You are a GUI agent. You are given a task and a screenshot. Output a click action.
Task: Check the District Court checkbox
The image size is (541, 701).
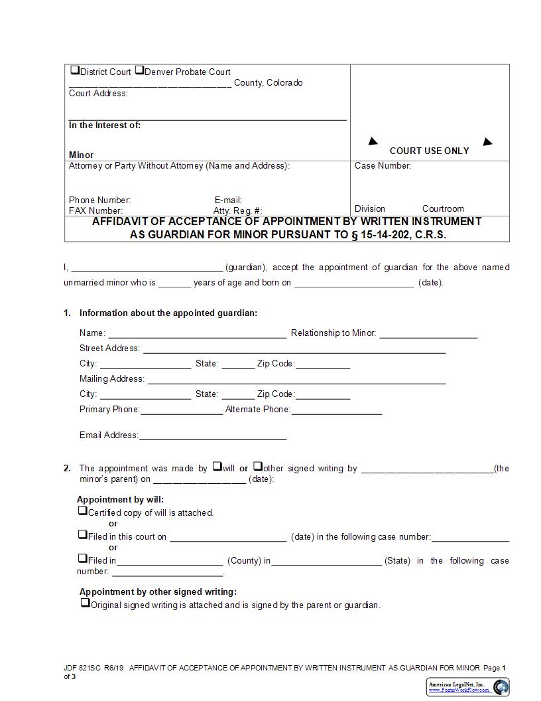pyautogui.click(x=74, y=70)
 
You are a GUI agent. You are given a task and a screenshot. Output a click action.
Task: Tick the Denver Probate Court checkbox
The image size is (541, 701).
pyautogui.click(x=139, y=70)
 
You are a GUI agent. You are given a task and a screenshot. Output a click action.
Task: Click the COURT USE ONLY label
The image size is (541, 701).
pyautogui.click(x=429, y=151)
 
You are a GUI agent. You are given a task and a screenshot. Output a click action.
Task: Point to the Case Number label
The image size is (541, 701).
pyautogui.click(x=383, y=166)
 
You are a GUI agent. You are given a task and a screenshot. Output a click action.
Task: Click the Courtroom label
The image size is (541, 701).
pyautogui.click(x=443, y=208)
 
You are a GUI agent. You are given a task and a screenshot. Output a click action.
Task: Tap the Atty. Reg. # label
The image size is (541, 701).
pyautogui.click(x=237, y=210)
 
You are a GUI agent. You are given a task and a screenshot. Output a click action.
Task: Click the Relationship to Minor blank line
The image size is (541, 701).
pyautogui.click(x=428, y=334)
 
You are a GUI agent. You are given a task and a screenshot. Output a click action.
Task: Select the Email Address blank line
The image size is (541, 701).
pyautogui.click(x=212, y=436)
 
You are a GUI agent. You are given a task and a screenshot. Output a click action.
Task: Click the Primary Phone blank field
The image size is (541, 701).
pyautogui.click(x=181, y=410)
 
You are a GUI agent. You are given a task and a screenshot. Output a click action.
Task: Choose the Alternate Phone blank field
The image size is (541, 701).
pyautogui.click(x=336, y=410)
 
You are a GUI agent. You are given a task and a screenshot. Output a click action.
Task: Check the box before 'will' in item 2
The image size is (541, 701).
pyautogui.click(x=217, y=467)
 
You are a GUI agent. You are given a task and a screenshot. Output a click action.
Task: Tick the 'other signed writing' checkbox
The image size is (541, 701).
pyautogui.click(x=258, y=467)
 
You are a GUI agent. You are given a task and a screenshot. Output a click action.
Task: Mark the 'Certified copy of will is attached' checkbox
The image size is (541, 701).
pyautogui.click(x=83, y=511)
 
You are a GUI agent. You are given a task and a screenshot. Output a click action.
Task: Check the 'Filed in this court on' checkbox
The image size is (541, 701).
pyautogui.click(x=83, y=535)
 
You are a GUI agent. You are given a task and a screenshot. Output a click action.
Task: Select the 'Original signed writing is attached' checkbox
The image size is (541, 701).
pyautogui.click(x=85, y=603)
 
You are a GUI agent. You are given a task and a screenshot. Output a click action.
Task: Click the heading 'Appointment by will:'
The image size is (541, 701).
pyautogui.click(x=120, y=499)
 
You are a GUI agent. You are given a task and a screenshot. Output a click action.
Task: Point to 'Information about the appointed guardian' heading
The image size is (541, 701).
pyautogui.click(x=168, y=313)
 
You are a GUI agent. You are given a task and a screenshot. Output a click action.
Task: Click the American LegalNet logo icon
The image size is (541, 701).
pyautogui.click(x=501, y=686)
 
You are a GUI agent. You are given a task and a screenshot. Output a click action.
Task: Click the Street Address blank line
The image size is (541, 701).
pyautogui.click(x=294, y=349)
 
